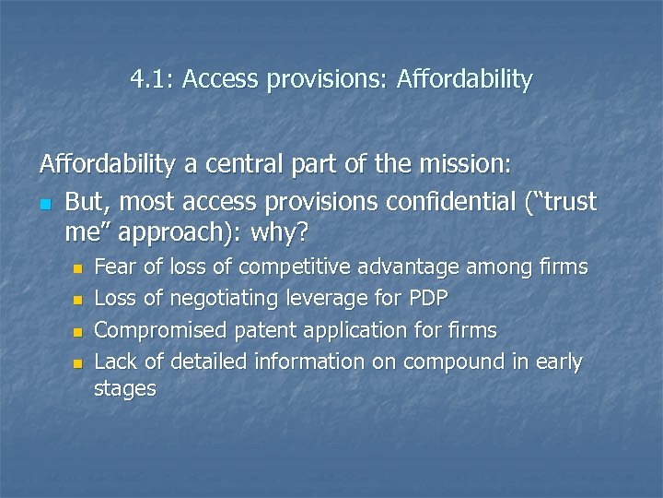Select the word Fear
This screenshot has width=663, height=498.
pyautogui.click(x=116, y=267)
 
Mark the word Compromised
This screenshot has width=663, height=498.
pyautogui.click(x=160, y=330)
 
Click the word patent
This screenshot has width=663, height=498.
pyautogui.click(x=265, y=330)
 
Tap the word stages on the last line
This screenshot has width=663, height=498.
pyautogui.click(x=125, y=389)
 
